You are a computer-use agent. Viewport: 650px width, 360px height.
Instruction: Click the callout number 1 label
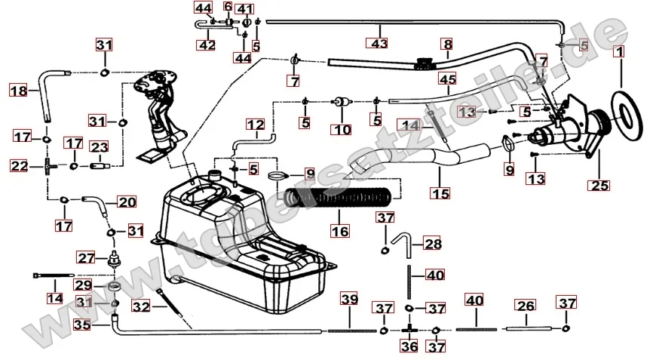coord(620,53)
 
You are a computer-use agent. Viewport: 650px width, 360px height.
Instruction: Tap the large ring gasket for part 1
coord(623,112)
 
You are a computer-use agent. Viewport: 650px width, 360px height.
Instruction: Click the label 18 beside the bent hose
coord(18,91)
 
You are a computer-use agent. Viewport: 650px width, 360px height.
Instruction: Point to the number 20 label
coord(127,202)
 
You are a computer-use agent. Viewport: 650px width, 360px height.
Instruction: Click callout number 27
coord(86,257)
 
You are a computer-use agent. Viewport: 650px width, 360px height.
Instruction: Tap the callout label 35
coord(81,325)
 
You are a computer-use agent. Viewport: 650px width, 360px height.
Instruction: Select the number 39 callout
coord(349,300)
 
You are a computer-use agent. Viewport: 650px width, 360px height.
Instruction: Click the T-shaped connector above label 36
coord(409,329)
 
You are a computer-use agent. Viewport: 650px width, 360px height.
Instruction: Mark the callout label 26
coord(525,306)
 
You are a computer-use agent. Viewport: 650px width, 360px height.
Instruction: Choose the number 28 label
coord(433,244)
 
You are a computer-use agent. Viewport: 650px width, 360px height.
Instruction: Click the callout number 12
coord(256,123)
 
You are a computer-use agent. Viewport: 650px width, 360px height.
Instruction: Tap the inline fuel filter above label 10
coord(342,102)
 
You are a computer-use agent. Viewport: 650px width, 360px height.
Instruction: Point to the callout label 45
coord(447,79)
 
